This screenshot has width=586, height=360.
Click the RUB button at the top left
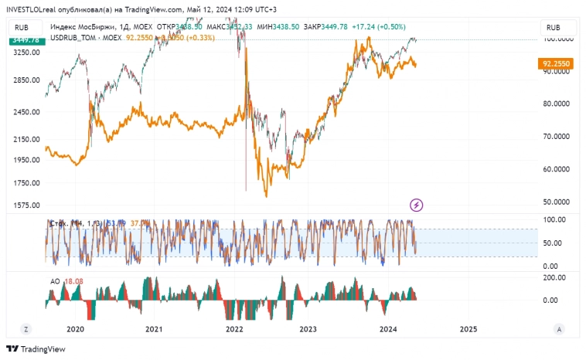[20, 26]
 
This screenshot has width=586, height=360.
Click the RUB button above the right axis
[553, 27]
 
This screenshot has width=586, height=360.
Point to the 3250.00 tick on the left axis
[26, 53]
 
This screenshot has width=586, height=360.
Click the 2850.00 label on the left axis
[26, 80]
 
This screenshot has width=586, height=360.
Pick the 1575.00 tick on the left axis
[26, 205]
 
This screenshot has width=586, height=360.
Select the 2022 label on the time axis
[235, 328]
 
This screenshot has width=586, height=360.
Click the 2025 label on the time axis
[467, 328]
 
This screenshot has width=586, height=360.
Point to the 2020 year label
[75, 328]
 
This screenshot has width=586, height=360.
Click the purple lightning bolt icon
[417, 205]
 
